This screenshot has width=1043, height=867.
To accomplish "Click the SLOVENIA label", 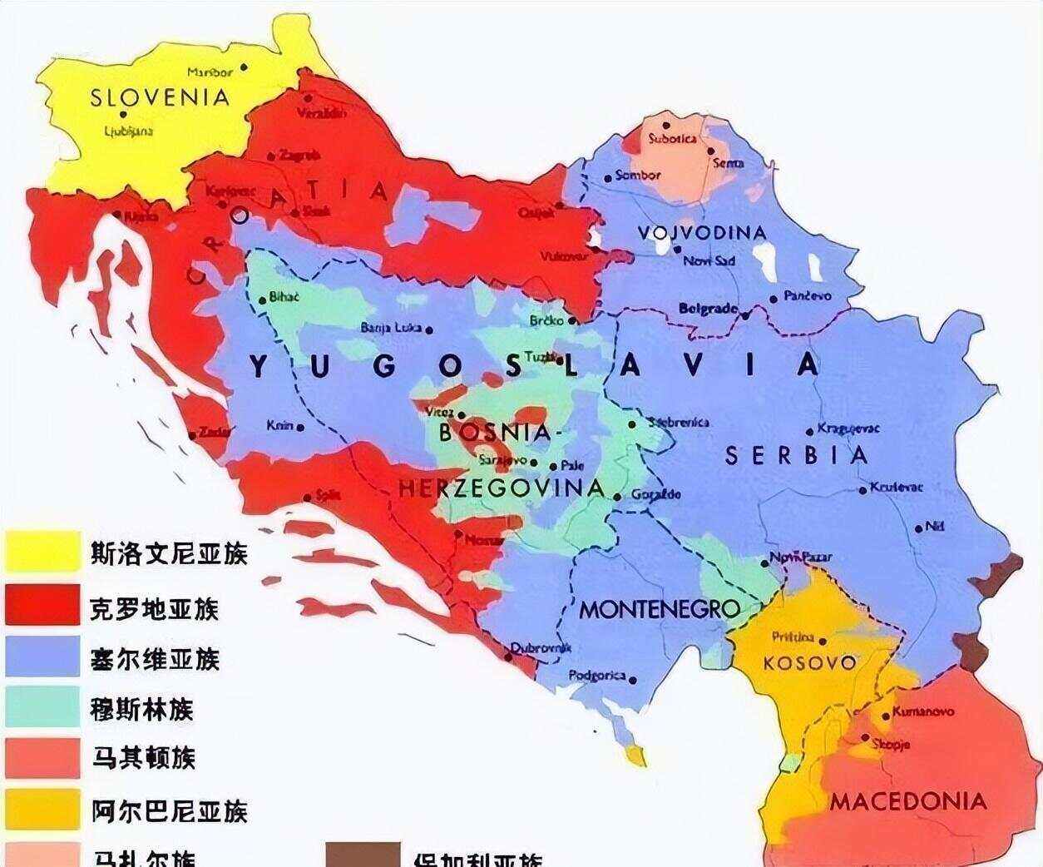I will [x=159, y=97].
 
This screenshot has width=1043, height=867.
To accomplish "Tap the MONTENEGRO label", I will [x=659, y=609].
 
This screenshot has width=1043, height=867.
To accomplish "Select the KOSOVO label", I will [x=809, y=663].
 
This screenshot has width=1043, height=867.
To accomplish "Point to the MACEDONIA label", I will [x=907, y=802].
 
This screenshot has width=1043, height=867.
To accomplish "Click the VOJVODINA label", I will [x=702, y=232].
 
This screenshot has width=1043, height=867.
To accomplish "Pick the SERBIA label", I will [x=797, y=455].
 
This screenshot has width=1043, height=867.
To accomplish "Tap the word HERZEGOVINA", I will [x=502, y=488].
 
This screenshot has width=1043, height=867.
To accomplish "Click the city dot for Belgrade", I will [x=745, y=315].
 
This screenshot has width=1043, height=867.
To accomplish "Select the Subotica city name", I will [x=672, y=139].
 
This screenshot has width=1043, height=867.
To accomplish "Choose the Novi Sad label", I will [x=709, y=261].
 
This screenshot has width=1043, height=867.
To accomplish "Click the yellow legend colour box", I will [x=43, y=552].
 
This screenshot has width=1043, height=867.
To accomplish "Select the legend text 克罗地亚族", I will [x=154, y=608].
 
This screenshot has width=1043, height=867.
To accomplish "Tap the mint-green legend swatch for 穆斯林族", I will [x=43, y=707].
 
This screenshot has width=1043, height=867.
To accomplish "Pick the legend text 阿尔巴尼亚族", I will [x=169, y=811].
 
